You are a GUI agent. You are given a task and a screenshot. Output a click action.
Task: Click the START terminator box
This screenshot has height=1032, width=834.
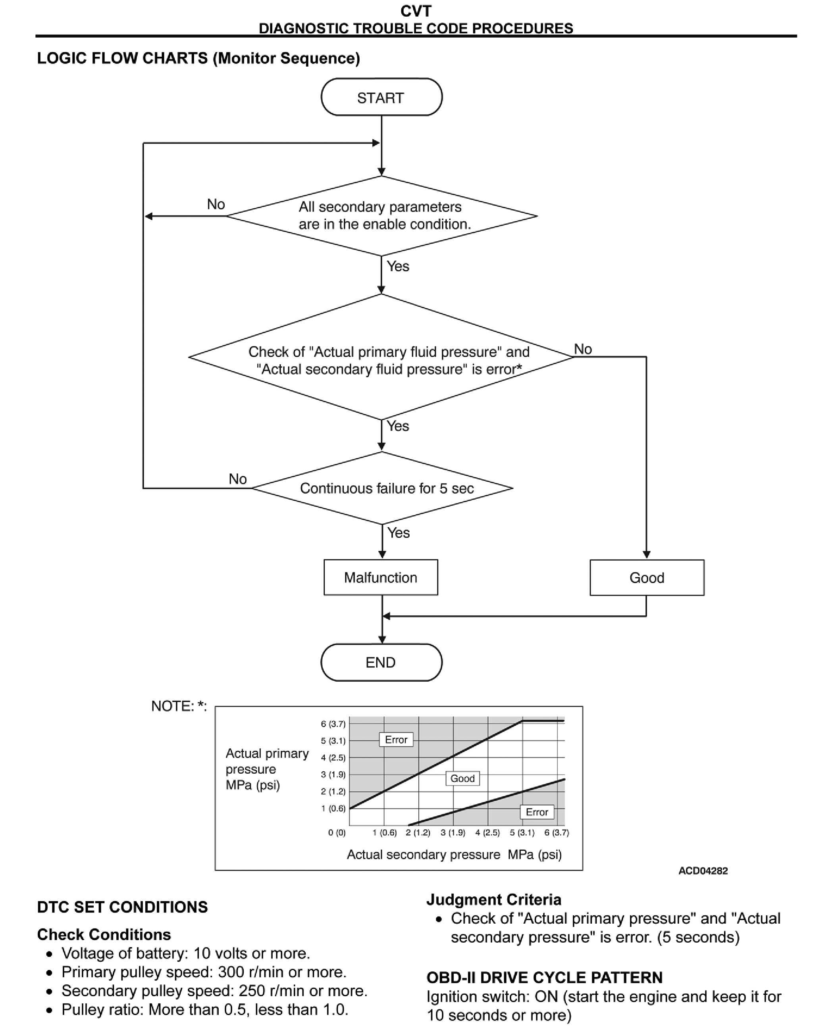(381, 98)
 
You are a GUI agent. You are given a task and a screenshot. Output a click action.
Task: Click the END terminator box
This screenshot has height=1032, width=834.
(381, 663)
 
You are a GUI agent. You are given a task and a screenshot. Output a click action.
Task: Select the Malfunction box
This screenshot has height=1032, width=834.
(381, 577)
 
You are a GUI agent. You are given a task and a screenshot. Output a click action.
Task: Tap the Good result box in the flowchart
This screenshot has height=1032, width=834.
(647, 578)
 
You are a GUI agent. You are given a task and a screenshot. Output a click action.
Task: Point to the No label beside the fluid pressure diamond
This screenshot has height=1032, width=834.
(583, 349)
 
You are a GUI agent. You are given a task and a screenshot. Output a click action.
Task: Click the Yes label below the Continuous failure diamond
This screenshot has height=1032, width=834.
(398, 532)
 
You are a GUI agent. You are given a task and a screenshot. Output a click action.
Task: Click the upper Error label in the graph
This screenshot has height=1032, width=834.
(396, 740)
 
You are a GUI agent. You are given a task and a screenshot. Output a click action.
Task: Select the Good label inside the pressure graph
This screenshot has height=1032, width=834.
(462, 778)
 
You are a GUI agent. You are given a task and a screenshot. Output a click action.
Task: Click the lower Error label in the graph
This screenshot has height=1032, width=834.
(537, 812)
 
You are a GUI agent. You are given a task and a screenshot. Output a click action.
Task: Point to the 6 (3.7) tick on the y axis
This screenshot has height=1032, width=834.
(333, 724)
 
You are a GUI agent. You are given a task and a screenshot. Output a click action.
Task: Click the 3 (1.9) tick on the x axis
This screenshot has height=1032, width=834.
(453, 832)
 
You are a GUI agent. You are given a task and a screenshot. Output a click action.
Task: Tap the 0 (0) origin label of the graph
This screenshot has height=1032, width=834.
(337, 832)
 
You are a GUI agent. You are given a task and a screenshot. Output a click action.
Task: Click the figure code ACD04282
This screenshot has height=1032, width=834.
(703, 871)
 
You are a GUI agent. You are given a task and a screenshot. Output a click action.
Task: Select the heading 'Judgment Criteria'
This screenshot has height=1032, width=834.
(493, 899)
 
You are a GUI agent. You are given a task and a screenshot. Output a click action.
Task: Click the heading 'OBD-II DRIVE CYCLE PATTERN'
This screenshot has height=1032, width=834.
(544, 977)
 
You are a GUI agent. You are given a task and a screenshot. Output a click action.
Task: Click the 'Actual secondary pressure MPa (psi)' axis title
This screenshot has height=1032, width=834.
(454, 854)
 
